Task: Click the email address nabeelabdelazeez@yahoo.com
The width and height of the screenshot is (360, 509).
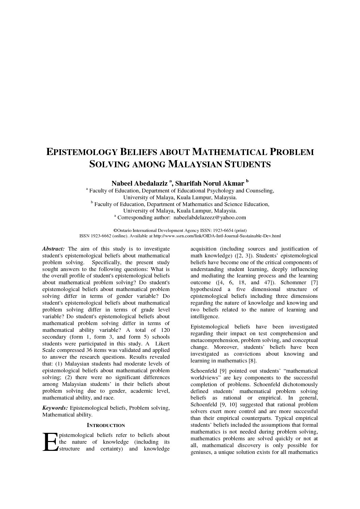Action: point(210,217)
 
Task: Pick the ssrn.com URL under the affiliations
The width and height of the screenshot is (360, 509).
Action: point(217,236)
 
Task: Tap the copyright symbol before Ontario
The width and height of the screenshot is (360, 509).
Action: point(115,230)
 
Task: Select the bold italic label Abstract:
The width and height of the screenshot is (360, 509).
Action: point(53,249)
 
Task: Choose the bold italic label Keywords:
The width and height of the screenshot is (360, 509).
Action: point(55,408)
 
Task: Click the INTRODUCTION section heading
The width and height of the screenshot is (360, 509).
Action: point(106,425)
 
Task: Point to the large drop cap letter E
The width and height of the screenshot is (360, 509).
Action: point(50,442)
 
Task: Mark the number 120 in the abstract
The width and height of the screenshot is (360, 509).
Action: point(165,330)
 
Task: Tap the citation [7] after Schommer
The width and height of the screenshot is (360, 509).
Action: point(314,283)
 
